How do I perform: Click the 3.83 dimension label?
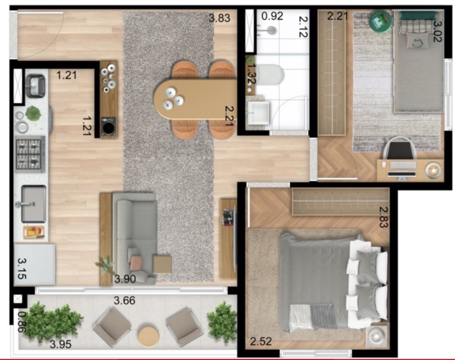pos(219,18)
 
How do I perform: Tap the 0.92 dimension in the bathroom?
pos(272,16)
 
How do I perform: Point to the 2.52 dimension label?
pos(261,341)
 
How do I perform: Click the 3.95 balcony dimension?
pos(60,344)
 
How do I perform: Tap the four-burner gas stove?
pos(30,154)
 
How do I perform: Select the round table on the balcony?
pos(148,337)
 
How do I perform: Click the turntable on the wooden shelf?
pos(109,126)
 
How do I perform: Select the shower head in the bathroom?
pos(272,30)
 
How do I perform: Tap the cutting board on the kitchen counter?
pos(34,232)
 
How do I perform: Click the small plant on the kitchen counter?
pos(33,113)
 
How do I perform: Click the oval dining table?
pos(196,99)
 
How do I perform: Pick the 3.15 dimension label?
pos(22,269)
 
